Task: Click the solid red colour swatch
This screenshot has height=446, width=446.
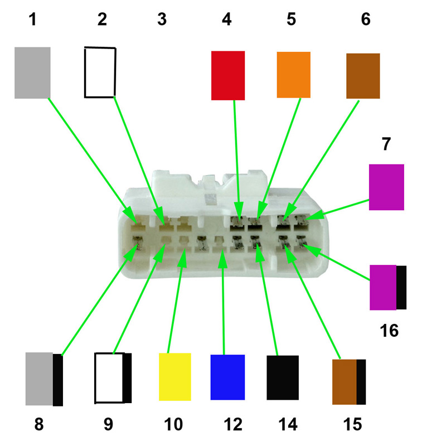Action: click(228, 75)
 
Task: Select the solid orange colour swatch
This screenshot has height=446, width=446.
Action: click(294, 75)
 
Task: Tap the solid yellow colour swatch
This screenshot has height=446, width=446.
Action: click(174, 377)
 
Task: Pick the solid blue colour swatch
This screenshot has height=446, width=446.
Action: click(227, 377)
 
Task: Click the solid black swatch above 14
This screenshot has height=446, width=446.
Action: click(283, 377)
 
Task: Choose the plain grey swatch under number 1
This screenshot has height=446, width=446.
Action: click(32, 73)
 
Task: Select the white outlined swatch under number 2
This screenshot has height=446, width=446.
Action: click(100, 72)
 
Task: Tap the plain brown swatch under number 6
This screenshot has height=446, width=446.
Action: click(363, 76)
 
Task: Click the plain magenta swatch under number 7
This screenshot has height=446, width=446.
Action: click(386, 187)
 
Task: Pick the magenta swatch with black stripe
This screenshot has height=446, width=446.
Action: click(388, 287)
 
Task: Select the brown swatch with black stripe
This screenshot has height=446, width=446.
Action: click(349, 382)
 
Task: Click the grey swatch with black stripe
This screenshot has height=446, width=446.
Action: click(44, 379)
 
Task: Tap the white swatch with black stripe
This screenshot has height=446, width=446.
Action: click(113, 378)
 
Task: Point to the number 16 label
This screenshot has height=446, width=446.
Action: click(389, 331)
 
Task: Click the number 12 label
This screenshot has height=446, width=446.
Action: click(233, 424)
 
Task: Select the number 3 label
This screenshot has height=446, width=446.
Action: click(162, 20)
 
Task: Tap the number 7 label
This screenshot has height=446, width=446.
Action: click(386, 144)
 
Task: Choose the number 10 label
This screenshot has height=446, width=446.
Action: click(173, 424)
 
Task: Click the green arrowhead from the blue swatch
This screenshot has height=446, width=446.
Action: click(222, 258)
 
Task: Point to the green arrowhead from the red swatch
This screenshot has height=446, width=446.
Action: click(239, 211)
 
